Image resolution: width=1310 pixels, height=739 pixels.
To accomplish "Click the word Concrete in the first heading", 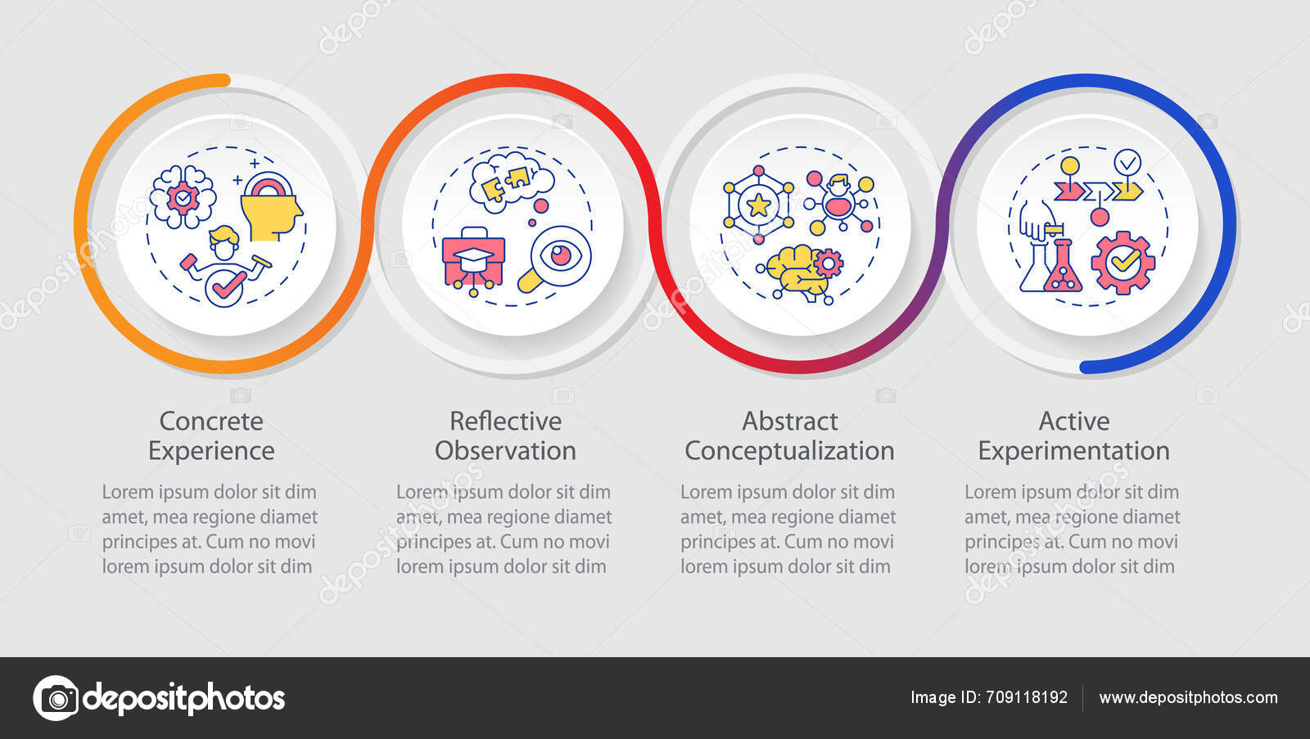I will (x=211, y=421).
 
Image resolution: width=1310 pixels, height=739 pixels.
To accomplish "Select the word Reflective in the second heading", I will (x=505, y=421).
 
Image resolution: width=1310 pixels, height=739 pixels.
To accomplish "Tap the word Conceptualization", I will (x=789, y=451).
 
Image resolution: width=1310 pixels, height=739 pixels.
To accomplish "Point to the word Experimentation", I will (x=1073, y=451).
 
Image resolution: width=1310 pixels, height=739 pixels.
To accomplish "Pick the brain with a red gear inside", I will (x=183, y=196).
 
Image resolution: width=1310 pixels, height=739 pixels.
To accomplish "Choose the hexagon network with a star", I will (x=758, y=205).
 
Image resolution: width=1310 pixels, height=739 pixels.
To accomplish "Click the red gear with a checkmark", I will (x=1123, y=262).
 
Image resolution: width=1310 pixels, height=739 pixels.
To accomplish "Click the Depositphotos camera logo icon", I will (x=56, y=698).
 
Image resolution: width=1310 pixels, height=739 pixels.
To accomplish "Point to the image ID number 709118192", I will (x=1027, y=698).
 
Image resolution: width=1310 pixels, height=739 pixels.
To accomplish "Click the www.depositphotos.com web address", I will (x=1188, y=698).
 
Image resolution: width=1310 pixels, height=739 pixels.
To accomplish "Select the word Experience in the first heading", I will (x=211, y=451).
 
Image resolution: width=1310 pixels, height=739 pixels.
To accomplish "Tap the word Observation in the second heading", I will (x=505, y=451).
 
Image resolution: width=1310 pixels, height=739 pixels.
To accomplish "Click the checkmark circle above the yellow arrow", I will (x=1127, y=163).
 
